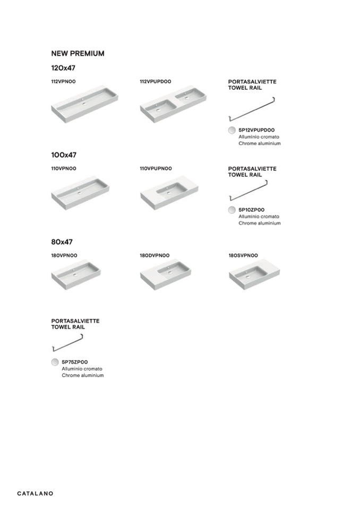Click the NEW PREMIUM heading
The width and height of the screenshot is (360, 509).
[x=78, y=54]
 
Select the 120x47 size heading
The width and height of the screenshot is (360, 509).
[x=63, y=68]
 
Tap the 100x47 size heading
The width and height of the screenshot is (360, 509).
[x=64, y=155]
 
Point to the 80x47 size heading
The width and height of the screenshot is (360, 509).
[x=62, y=242]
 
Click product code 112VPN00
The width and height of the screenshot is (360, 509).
[x=63, y=82]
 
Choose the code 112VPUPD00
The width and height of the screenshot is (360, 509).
[x=156, y=82]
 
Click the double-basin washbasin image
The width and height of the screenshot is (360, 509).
[x=174, y=104]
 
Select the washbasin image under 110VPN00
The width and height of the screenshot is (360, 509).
[x=80, y=193]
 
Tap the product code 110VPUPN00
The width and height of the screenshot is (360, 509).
[x=156, y=168]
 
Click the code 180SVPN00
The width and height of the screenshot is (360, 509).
[x=243, y=255]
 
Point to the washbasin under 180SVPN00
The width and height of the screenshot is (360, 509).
[x=254, y=276]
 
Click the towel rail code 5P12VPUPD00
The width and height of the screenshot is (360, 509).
[x=256, y=130]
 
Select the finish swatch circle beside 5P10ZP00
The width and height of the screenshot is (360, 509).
[x=232, y=210]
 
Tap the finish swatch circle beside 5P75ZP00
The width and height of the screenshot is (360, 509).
[x=55, y=362]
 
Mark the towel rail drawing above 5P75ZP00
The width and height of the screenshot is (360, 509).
[x=67, y=343]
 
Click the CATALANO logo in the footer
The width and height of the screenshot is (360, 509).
[x=35, y=494]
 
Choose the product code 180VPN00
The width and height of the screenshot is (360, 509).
[x=64, y=255]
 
